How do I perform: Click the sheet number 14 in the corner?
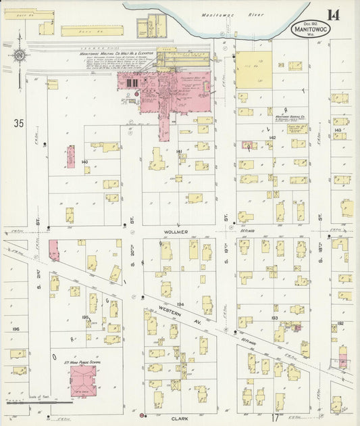click(x=334, y=16)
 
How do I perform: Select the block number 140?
click(x=84, y=162)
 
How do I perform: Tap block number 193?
click(x=275, y=317)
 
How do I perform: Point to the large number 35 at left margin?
click(x=18, y=123)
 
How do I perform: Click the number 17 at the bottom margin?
click(x=276, y=418)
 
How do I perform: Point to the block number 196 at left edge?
click(x=16, y=329)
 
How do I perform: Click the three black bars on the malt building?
click(x=132, y=82)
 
